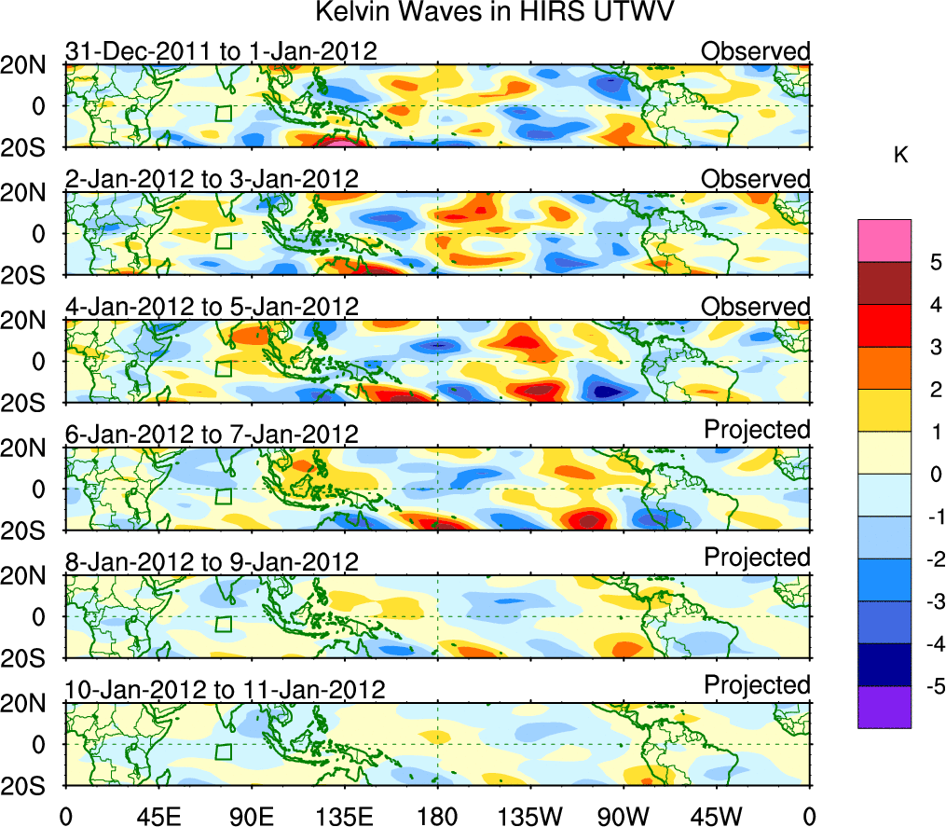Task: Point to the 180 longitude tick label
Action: pos(437,815)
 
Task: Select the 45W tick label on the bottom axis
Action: pos(716,815)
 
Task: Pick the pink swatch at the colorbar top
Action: pos(884,240)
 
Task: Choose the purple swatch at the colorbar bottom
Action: pos(884,707)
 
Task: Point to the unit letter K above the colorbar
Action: pos(900,156)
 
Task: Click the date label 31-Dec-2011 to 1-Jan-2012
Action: pos(221,51)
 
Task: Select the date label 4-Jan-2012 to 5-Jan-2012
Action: pos(212,307)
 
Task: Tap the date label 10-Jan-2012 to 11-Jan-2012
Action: pos(225,690)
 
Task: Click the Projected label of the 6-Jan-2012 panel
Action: pos(757,429)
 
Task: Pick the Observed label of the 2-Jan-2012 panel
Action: pos(756,178)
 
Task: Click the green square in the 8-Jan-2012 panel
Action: pos(223,624)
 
